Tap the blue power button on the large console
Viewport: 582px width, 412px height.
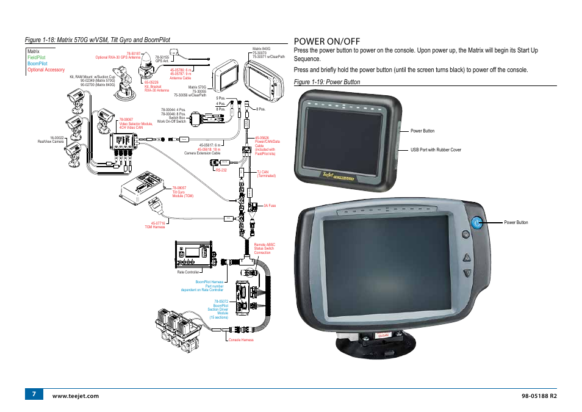pos(477,223)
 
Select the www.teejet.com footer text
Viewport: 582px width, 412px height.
pos(76,396)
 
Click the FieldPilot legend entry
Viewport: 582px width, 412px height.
pos(36,57)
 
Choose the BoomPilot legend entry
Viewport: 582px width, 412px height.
pos(37,63)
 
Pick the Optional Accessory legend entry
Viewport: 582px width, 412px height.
pos(46,70)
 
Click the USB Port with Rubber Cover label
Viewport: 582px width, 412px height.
pos(436,150)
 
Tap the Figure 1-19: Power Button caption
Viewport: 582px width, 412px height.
pos(326,82)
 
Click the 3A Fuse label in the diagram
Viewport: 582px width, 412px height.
pos(270,206)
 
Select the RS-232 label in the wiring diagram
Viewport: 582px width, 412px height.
pos(221,170)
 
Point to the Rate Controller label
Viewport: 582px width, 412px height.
pos(188,272)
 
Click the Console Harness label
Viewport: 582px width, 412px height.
pos(241,340)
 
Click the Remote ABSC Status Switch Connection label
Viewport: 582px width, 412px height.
pos(264,248)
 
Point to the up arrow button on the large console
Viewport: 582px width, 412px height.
pos(467,257)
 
